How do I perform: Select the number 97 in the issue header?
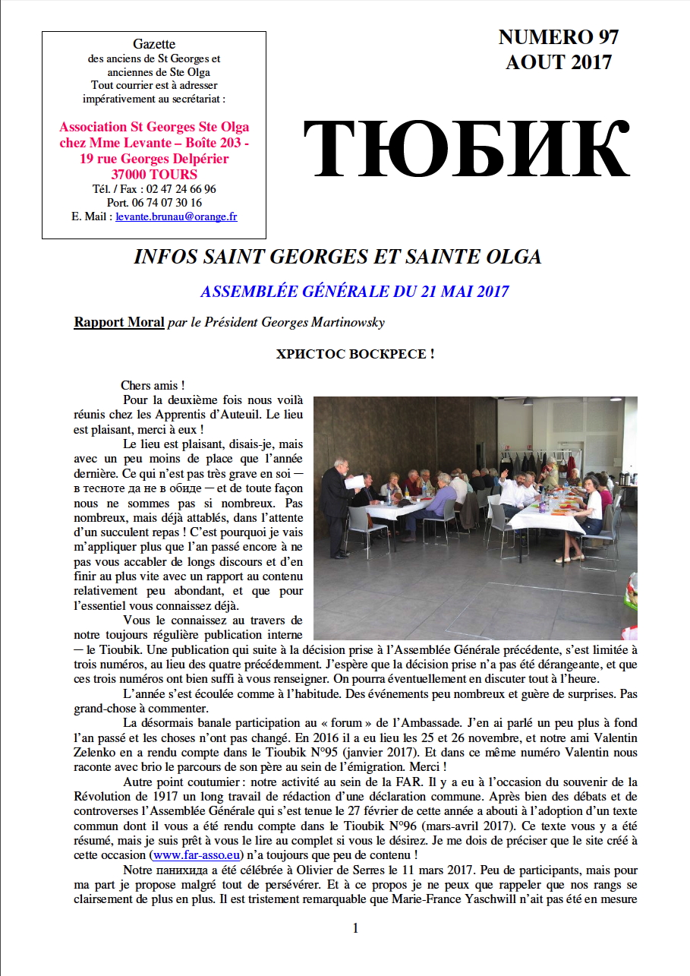[x=603, y=36]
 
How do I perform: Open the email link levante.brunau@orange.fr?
[x=176, y=216]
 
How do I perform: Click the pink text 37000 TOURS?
[x=154, y=174]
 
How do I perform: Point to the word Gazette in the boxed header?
[x=154, y=45]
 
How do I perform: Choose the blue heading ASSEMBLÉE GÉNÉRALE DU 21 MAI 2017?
[x=354, y=291]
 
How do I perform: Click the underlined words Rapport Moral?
[x=118, y=322]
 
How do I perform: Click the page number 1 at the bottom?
[x=354, y=927]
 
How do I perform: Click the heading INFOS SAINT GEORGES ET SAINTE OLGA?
[x=337, y=257]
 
